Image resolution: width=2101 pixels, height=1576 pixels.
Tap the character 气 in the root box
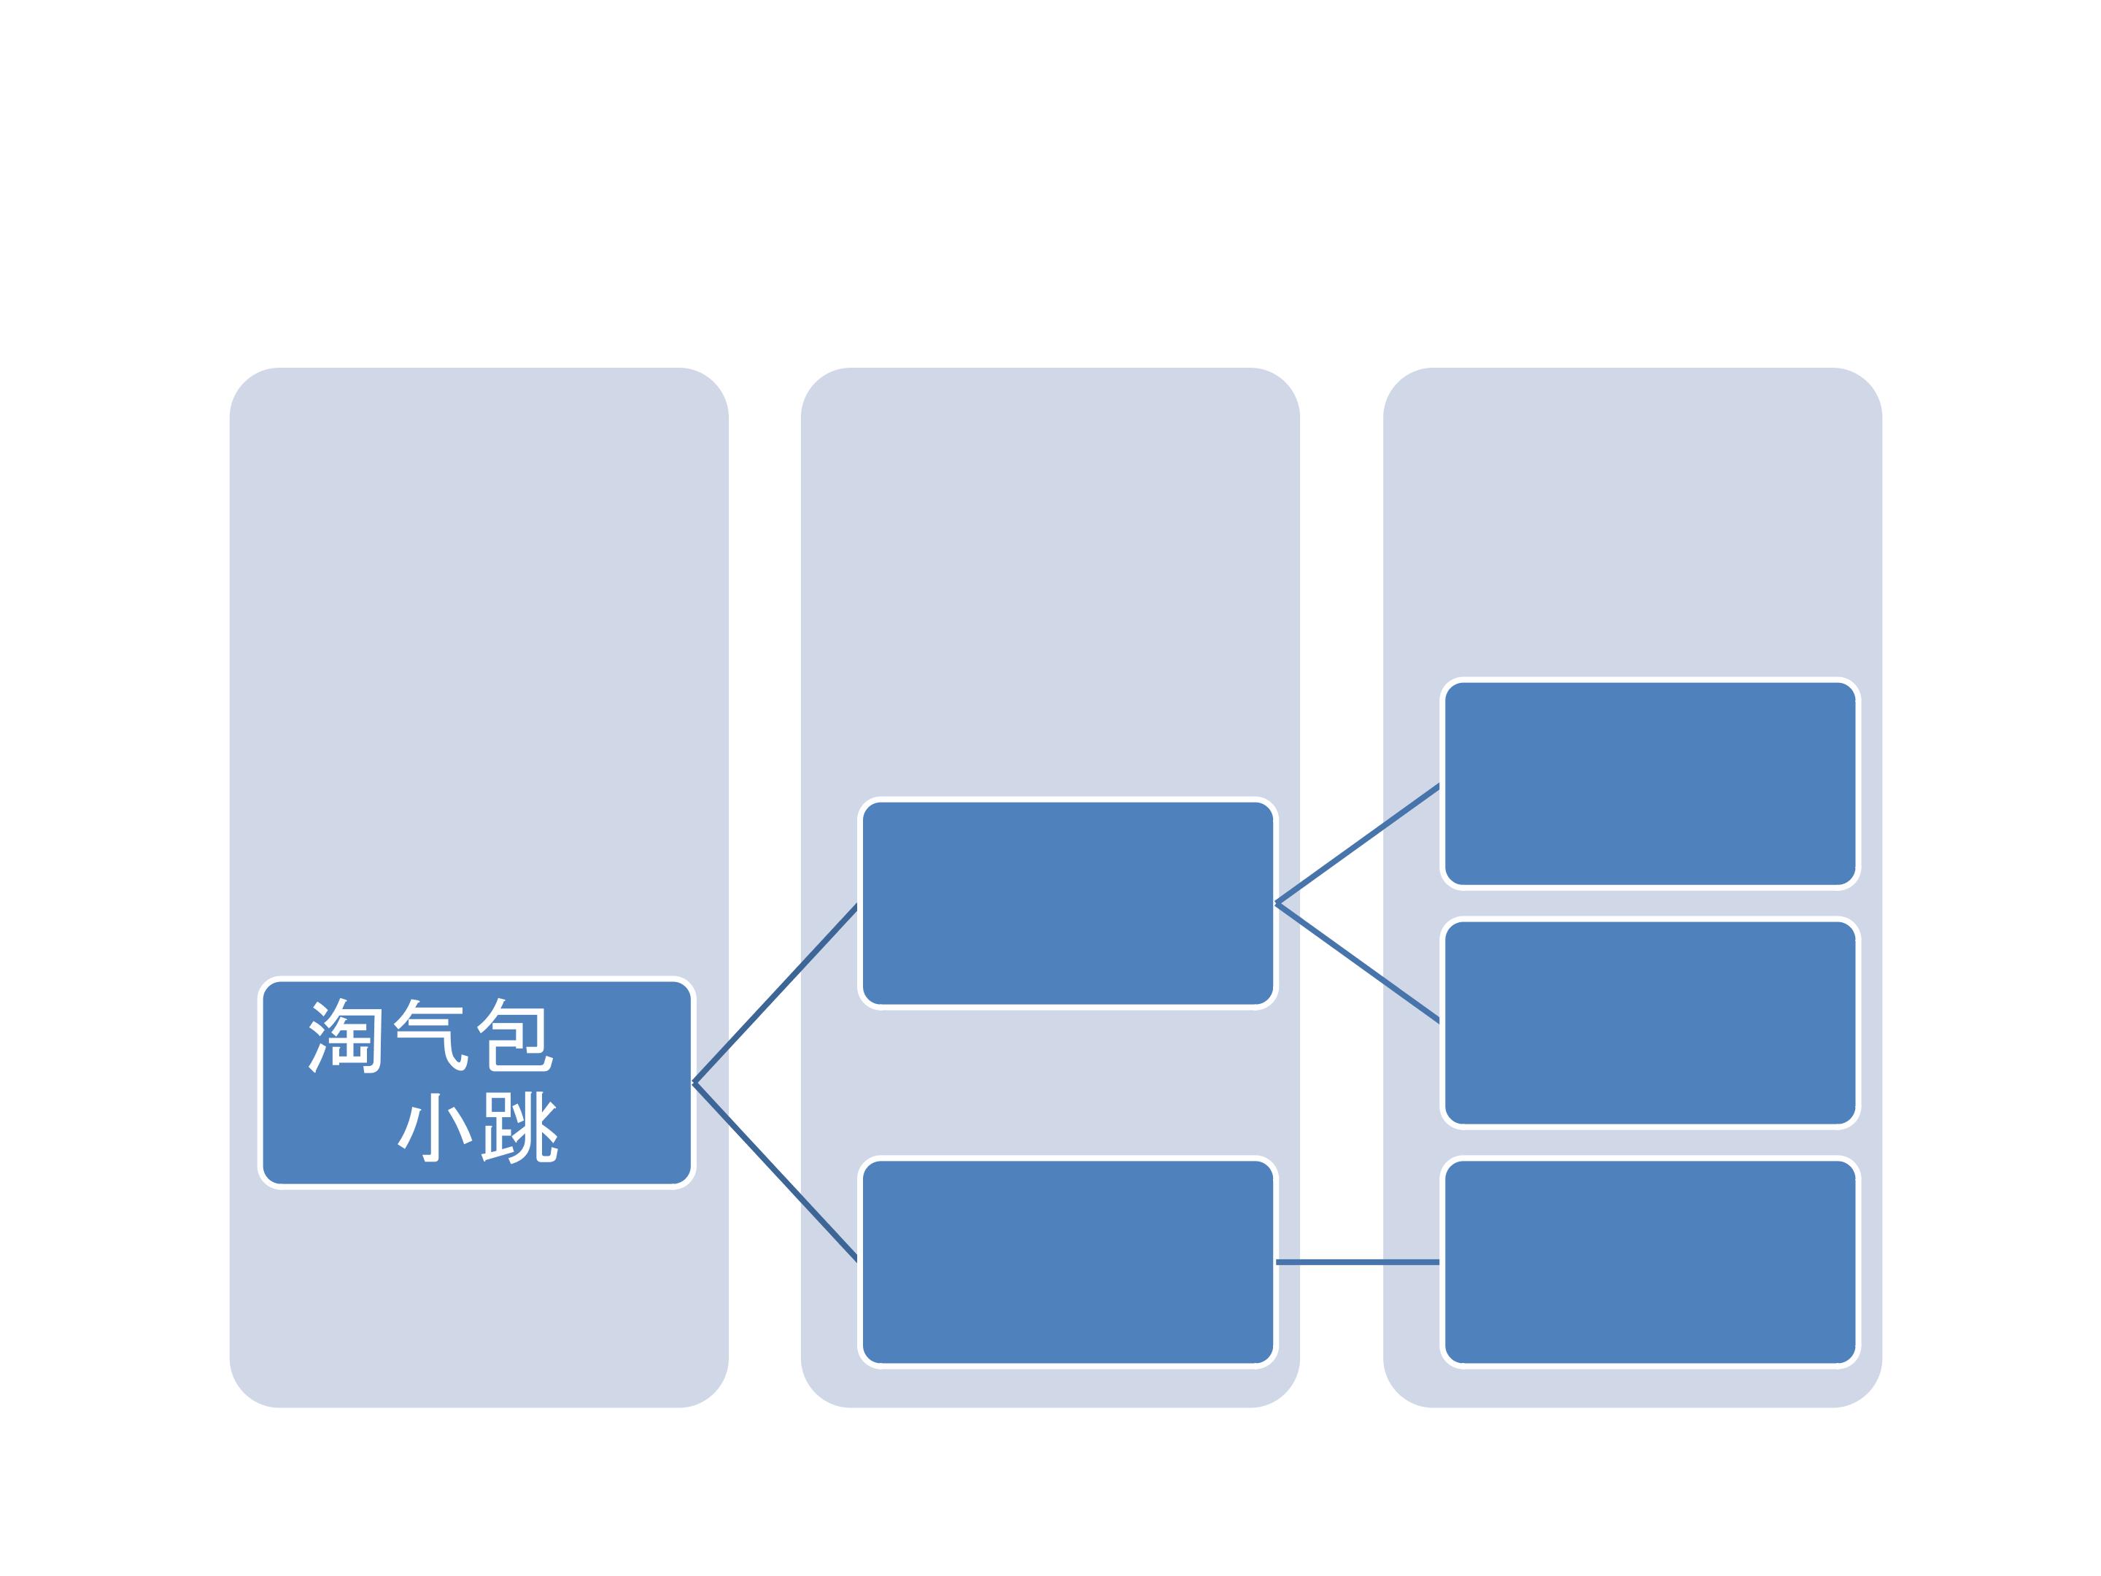pos(431,1035)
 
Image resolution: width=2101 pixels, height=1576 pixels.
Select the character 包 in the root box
pos(514,1035)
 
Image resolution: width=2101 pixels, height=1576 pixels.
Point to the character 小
pos(435,1127)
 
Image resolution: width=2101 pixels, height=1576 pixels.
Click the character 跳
pos(520,1127)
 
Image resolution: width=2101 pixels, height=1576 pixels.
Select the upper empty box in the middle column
pos(1067,903)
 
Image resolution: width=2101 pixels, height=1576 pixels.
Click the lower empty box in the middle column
pos(1067,1262)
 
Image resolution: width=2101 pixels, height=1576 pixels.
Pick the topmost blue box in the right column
pos(1650,784)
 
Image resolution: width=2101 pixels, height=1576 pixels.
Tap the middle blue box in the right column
pos(1650,1023)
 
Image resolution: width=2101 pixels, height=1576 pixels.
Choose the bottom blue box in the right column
pos(1650,1262)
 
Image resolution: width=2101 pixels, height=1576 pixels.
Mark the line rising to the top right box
pos(1358,843)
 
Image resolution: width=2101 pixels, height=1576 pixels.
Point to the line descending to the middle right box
pos(1358,963)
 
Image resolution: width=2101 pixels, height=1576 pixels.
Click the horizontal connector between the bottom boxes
pos(1358,1262)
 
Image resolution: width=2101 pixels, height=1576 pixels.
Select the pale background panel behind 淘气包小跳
pos(479,665)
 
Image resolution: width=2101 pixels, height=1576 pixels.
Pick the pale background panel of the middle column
pos(1050,570)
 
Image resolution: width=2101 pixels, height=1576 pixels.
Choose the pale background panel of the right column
pos(1633,522)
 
